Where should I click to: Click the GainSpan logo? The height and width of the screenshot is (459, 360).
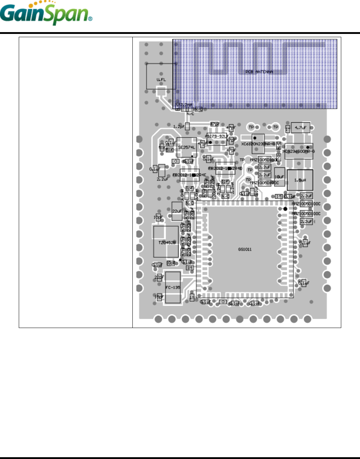click(46, 14)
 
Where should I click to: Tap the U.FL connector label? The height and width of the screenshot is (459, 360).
click(161, 80)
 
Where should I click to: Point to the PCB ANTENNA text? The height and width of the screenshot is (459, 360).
click(259, 72)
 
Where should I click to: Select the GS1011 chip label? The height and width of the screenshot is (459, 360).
click(245, 249)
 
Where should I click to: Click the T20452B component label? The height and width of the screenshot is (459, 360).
click(167, 243)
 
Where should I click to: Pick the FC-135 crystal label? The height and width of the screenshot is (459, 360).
click(172, 288)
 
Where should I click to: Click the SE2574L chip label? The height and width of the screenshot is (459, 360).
click(186, 148)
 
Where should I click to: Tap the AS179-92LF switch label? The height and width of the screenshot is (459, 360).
click(217, 136)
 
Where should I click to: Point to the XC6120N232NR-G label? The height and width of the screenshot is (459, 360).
click(258, 144)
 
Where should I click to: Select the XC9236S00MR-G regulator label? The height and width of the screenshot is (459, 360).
click(299, 151)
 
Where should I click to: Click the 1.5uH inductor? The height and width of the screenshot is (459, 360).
click(300, 180)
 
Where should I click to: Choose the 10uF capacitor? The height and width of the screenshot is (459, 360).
click(280, 177)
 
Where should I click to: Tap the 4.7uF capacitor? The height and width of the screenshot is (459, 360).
click(300, 128)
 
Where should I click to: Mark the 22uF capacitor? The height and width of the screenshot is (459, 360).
click(177, 211)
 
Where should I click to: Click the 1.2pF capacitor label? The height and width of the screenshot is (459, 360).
click(179, 127)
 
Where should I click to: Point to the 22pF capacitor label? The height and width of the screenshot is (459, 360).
click(159, 277)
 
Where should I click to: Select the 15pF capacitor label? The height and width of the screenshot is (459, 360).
click(159, 297)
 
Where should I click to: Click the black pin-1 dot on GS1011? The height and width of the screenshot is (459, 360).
click(285, 209)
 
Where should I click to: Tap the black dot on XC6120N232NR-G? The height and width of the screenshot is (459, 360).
click(255, 138)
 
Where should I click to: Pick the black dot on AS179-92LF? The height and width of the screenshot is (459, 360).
click(210, 143)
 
